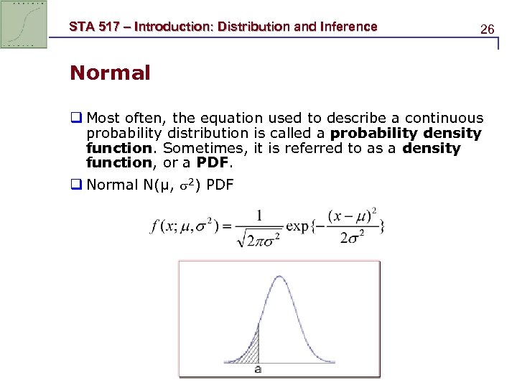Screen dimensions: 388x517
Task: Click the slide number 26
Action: [487, 29]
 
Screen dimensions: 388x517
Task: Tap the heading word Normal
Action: [110, 73]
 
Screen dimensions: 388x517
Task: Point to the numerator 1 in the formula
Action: [257, 215]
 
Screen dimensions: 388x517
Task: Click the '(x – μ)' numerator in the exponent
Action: [348, 216]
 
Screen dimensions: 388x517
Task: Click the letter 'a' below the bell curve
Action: [258, 369]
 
